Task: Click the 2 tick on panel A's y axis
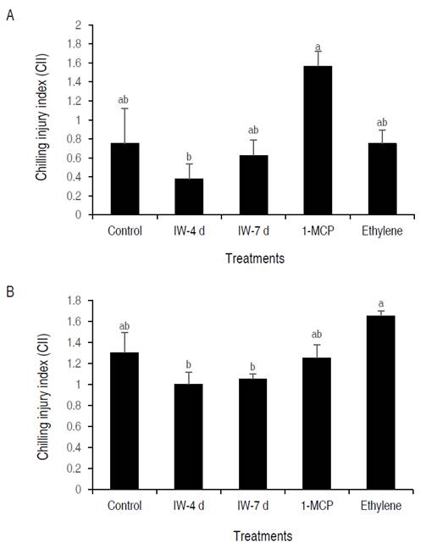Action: point(77,25)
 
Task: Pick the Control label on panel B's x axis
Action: point(125,506)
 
